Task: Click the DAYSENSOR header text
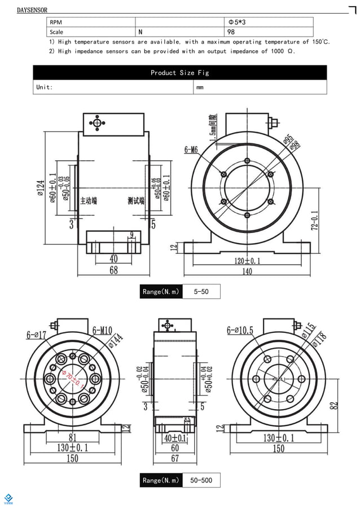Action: pos(32,10)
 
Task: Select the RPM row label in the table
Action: pos(56,23)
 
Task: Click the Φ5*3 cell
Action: pos(236,23)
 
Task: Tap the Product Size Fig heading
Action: pos(179,73)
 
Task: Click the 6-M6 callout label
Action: pos(191,150)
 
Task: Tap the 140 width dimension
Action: pos(247,271)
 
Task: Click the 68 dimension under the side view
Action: pos(113,270)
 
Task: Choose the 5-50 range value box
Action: pos(201,291)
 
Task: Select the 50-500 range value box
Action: pos(201,480)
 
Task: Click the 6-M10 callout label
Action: pos(102,330)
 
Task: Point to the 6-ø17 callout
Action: pos(37,335)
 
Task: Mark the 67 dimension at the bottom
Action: pos(175,459)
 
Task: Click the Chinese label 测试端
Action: pos(136,200)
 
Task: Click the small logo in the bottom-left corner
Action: pos(8,498)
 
